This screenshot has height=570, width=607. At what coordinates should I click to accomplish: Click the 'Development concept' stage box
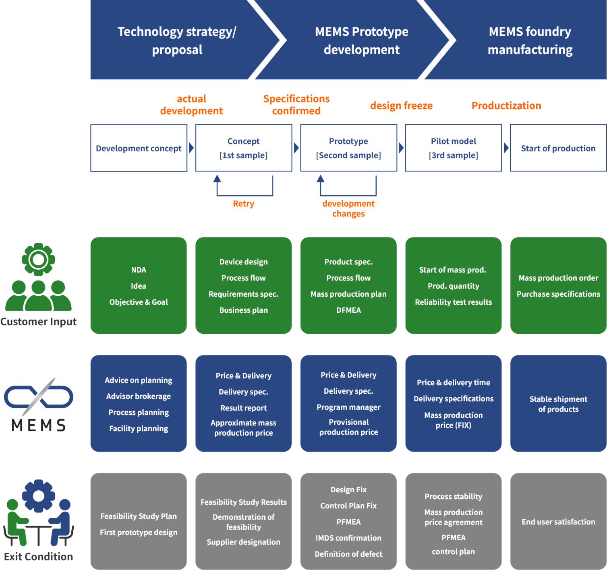139,148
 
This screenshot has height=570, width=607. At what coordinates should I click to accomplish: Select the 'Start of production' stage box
558,148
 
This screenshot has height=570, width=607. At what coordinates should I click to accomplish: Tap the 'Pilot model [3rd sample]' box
453,148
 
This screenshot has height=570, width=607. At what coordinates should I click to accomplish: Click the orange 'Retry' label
244,204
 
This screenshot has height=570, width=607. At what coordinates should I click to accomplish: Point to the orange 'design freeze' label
402,106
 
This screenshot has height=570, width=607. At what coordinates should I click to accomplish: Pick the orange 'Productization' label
506,106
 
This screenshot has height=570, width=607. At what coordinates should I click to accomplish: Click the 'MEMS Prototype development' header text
361,40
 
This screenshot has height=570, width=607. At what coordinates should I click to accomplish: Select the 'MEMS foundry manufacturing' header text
530,40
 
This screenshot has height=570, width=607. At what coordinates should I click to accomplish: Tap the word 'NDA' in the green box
139,270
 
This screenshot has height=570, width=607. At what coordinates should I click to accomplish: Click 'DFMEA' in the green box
348,310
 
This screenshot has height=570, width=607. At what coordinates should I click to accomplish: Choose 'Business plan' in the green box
243,310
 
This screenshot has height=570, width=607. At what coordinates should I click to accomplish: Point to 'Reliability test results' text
453,302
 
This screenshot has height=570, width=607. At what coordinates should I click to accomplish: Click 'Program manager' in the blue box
348,407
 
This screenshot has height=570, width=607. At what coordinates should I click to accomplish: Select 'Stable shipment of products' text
558,404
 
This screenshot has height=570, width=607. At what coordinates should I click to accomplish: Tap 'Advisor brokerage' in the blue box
139,396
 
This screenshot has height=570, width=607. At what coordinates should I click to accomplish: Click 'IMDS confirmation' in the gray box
348,538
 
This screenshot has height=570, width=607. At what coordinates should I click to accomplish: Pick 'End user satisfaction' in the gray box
558,522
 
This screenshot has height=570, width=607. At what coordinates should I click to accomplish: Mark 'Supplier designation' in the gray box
243,542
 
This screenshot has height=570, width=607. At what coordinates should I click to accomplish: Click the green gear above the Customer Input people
38,259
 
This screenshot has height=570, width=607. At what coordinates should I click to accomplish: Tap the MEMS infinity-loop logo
38,397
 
